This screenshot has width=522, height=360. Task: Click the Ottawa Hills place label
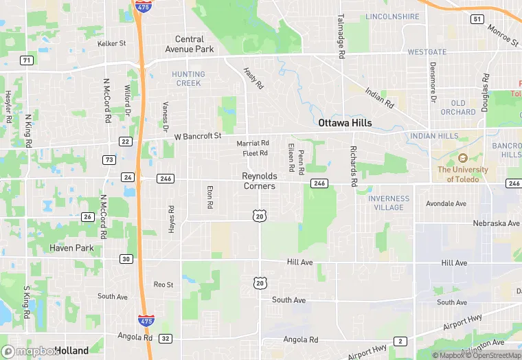[x=345, y=123]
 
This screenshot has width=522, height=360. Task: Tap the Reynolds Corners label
[x=259, y=181]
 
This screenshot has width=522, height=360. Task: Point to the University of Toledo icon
[x=462, y=159]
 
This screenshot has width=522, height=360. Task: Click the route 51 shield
[x=477, y=19]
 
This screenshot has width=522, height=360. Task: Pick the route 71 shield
[x=26, y=60]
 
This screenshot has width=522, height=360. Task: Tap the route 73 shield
[x=109, y=159]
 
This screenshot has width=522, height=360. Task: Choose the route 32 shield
[x=165, y=338]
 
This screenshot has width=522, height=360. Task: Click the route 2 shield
[x=400, y=341]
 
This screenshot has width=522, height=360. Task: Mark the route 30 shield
[x=125, y=259]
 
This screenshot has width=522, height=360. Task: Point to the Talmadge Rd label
[x=341, y=36]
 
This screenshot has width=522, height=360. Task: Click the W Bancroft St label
[x=198, y=136]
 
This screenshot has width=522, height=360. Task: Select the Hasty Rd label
[x=253, y=78]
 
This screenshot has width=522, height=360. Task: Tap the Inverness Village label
[x=389, y=203]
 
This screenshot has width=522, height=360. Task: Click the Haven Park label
[x=71, y=247]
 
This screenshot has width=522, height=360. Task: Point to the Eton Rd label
[x=209, y=196]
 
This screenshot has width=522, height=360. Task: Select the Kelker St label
[x=111, y=43]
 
